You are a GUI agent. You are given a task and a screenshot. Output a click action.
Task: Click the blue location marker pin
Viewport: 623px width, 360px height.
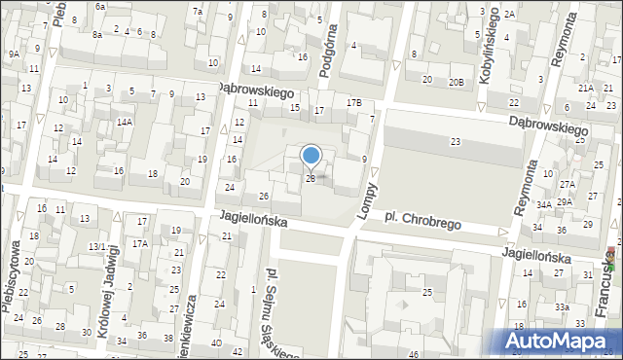tap(311, 157)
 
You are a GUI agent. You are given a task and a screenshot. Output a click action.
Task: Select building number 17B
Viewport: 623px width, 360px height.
tap(353, 102)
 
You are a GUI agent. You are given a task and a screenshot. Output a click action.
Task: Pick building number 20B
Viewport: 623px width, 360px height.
tap(456, 83)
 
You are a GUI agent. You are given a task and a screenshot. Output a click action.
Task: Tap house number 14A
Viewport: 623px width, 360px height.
tap(125, 122)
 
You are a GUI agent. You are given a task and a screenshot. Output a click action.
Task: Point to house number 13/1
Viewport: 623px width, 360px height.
tap(97, 247)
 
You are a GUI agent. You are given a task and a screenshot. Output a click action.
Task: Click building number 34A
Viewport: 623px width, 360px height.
tap(543, 204)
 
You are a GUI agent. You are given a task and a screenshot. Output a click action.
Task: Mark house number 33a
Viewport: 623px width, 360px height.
tap(562, 306)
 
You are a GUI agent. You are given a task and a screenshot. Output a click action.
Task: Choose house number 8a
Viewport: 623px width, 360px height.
tap(97, 34)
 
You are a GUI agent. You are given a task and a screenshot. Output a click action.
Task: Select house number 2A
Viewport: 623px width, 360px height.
tap(509, 15)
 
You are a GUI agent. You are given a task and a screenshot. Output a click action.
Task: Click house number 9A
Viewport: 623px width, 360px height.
tap(14, 54)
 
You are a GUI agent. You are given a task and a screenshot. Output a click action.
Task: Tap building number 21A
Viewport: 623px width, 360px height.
tap(585, 88)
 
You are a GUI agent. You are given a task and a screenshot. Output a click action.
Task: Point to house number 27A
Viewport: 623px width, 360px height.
tap(567, 184)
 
